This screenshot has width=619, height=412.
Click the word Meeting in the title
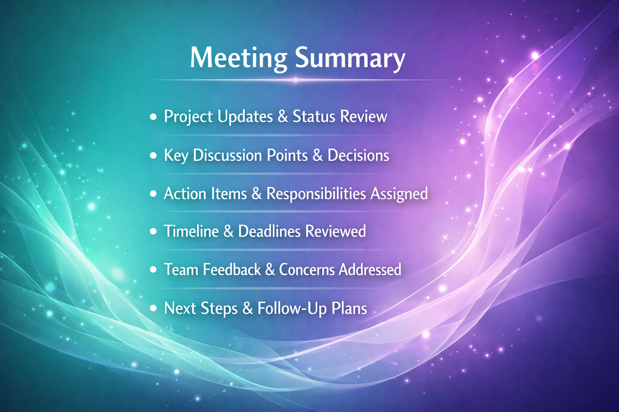tap(239, 58)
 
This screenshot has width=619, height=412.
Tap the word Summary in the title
tap(350, 58)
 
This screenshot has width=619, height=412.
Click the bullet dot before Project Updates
tap(153, 116)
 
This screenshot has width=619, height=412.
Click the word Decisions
tap(358, 155)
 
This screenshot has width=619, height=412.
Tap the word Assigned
tap(399, 194)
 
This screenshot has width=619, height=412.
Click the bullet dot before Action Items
tap(153, 194)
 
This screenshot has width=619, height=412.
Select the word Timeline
tap(191, 231)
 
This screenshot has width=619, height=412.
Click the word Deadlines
tap(270, 231)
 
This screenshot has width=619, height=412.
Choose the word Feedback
tap(232, 269)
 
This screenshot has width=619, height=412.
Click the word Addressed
tap(370, 269)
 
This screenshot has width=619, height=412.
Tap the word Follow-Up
tap(292, 308)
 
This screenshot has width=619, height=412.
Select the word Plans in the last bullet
tap(349, 308)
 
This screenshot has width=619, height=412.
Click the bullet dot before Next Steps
tap(153, 308)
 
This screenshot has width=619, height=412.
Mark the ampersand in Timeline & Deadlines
tap(228, 231)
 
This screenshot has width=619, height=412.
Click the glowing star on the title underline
tap(296, 80)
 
